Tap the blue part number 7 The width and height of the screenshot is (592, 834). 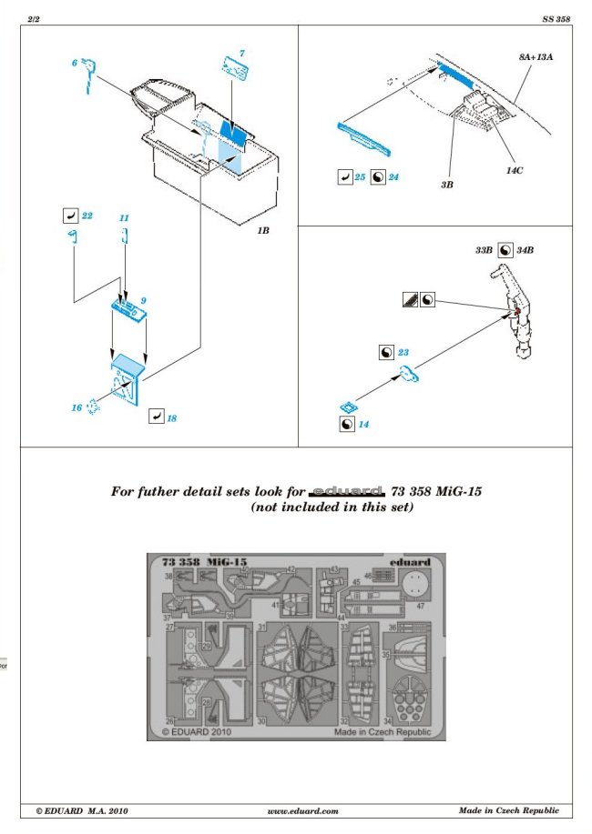coord(242,54)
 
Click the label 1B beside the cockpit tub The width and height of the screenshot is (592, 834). coord(262,231)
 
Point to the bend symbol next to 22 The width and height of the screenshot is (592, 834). coord(69,216)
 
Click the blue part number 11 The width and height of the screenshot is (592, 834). coord(124,218)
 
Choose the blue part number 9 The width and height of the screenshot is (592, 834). coord(143,300)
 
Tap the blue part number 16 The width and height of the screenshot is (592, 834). coord(77,407)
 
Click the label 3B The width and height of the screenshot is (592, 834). coord(447,183)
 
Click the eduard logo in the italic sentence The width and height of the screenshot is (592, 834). coord(349,490)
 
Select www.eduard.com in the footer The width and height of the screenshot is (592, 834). coord(303,810)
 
